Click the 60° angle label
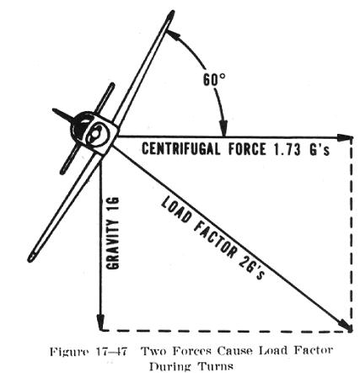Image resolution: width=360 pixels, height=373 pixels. tap(214, 80)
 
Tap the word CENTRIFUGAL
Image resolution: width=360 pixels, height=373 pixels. tap(181, 149)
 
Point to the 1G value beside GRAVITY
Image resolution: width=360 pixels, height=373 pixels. tap(113, 205)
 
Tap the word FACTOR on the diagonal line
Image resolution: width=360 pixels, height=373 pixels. tap(216, 238)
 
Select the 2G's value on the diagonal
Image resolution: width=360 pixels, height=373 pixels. tap(252, 267)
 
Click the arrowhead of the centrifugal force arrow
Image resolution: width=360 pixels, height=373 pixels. tap(345, 137)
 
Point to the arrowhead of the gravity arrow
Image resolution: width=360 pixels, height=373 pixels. tap(101, 322)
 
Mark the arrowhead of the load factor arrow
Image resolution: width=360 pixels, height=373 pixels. tap(345, 327)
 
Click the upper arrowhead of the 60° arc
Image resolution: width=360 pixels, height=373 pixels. tap(172, 35)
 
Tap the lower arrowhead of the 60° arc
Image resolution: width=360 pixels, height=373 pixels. tap(223, 128)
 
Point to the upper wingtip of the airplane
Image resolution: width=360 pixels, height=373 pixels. tap(170, 14)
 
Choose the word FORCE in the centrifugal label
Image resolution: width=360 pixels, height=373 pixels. tap(246, 149)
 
